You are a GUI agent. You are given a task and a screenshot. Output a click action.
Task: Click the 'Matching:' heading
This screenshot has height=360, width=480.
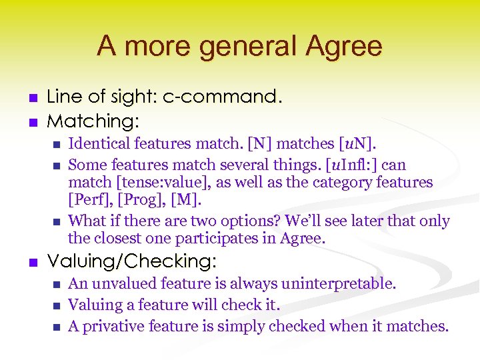click(x=93, y=121)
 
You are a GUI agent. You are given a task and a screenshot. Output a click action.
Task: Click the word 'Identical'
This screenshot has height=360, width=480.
click(x=98, y=143)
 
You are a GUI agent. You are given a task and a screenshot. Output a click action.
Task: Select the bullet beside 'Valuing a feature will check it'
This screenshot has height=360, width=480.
click(x=56, y=305)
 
